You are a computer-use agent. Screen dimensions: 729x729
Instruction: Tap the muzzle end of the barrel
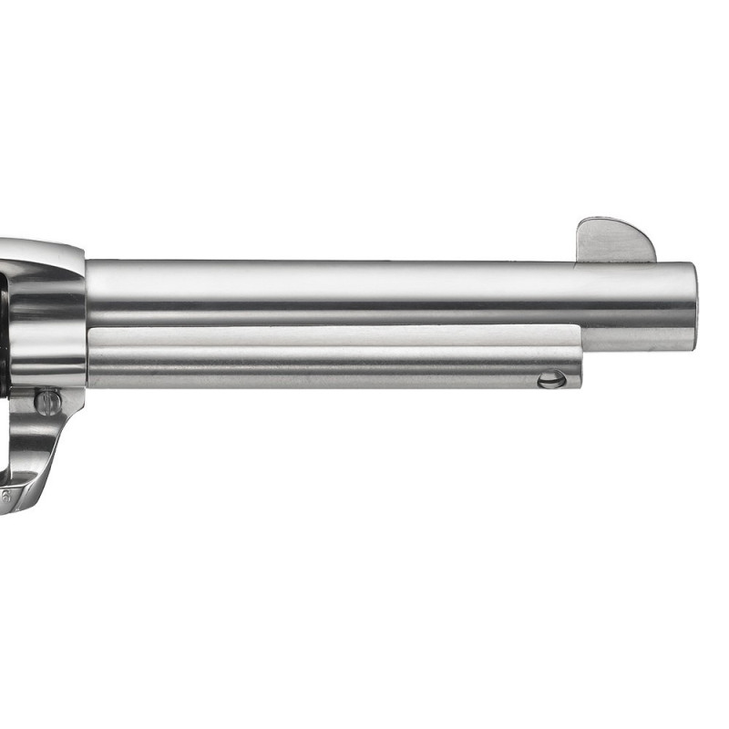point(689,305)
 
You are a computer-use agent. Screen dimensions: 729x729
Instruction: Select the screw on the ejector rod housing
point(551,379)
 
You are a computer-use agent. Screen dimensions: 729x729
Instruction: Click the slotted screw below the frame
point(48,401)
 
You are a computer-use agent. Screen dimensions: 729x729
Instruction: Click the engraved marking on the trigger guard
point(7,497)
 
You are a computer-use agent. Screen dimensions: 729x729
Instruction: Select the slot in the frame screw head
point(48,401)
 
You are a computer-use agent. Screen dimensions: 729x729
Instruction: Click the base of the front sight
point(616,261)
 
